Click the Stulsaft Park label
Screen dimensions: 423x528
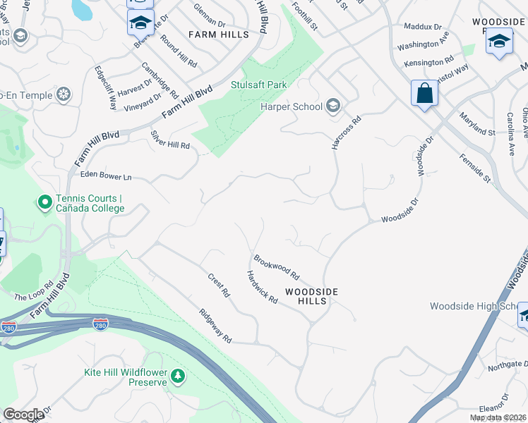(x=259, y=85)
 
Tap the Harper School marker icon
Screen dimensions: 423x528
(x=333, y=107)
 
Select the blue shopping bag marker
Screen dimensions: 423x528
(x=424, y=94)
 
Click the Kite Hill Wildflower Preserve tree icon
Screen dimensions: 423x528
(x=178, y=376)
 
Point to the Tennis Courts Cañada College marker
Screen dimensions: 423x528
(x=44, y=203)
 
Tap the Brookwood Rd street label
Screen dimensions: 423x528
(x=277, y=266)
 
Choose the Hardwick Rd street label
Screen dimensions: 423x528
(x=261, y=287)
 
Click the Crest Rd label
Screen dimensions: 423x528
(x=219, y=284)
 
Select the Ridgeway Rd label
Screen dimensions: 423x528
(x=215, y=326)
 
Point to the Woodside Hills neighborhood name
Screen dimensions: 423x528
(x=311, y=296)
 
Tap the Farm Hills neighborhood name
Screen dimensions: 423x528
(x=218, y=34)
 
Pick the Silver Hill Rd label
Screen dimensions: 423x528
(x=170, y=139)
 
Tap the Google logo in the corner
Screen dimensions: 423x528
(x=23, y=415)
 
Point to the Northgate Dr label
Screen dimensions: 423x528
(x=507, y=364)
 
